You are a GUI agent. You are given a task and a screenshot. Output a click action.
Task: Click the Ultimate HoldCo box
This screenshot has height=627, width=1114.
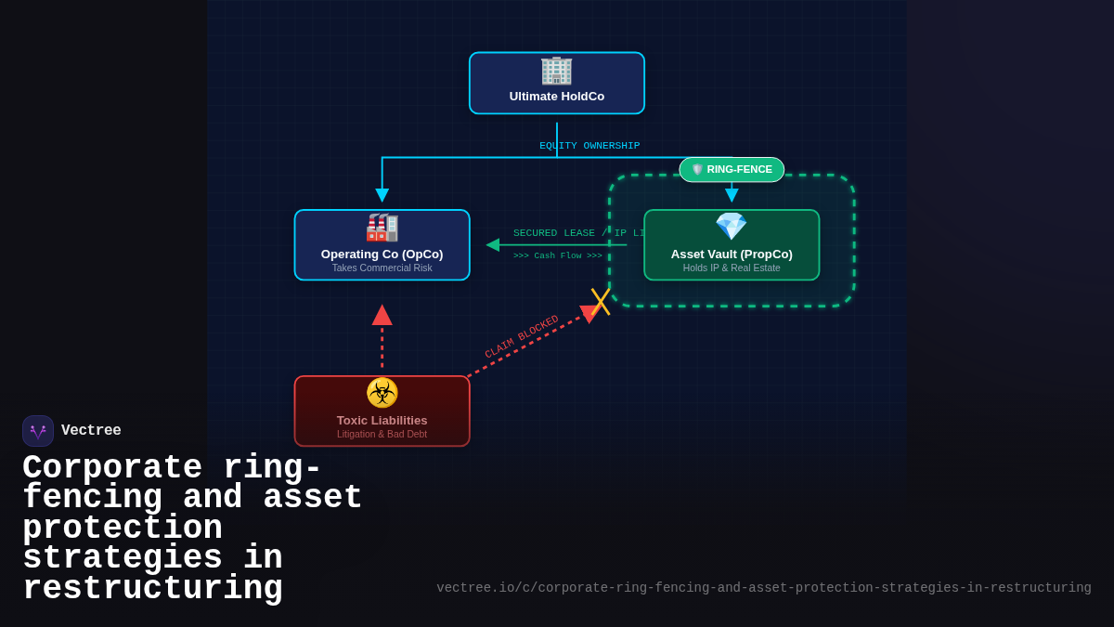557,84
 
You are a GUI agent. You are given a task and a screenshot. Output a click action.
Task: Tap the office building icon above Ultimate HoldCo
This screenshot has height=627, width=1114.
557,70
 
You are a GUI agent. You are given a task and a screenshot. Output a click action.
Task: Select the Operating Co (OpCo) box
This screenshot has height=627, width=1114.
382,245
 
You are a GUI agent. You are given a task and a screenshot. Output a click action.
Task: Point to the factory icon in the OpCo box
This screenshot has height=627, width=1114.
382,228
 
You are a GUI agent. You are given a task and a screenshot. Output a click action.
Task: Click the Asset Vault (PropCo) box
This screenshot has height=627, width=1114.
732,245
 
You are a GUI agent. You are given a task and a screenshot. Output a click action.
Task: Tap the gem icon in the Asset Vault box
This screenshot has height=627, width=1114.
732,227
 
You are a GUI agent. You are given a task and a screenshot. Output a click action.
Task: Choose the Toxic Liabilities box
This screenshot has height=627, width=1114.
382,411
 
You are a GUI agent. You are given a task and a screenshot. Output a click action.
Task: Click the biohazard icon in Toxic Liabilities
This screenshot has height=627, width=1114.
382,392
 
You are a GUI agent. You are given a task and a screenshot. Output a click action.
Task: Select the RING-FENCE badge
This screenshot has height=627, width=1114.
732,169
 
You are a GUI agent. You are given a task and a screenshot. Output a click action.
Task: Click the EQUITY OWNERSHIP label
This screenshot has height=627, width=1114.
589,146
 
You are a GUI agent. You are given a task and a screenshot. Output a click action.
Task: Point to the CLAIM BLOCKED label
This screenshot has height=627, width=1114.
522,336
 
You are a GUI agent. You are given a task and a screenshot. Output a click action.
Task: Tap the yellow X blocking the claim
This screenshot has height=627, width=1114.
601,301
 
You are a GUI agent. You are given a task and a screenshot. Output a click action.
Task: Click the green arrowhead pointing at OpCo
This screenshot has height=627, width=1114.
493,245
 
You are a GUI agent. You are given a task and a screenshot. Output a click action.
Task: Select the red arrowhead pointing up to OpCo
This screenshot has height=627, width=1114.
382,316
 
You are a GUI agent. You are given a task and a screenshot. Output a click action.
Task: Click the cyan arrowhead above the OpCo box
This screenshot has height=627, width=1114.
382,195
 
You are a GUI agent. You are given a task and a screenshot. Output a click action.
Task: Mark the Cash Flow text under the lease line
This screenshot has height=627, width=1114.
558,256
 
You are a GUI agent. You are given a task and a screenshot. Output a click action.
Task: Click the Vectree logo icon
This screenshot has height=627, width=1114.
38,431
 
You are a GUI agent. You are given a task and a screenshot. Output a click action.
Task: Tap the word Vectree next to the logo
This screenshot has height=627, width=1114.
91,431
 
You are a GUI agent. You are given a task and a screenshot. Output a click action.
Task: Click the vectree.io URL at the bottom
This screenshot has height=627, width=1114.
763,588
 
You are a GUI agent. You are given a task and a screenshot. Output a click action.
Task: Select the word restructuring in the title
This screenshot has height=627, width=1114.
152,589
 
